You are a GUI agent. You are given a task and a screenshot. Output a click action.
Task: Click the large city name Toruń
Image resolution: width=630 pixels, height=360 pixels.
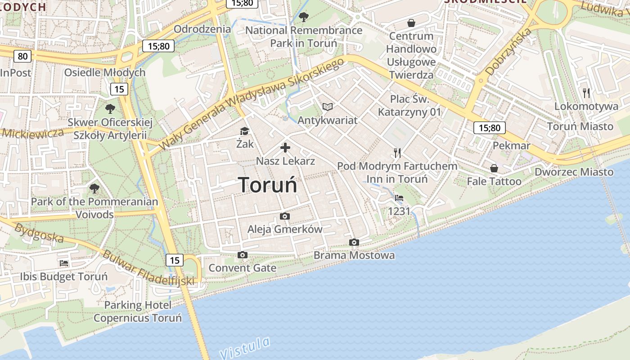tap(267, 185)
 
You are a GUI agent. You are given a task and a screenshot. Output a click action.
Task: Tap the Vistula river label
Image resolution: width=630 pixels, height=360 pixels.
tap(246, 346)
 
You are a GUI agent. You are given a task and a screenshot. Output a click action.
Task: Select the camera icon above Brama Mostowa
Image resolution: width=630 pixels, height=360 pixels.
tap(354, 243)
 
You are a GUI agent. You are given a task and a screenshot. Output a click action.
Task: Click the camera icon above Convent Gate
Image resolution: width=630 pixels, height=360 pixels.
tap(243, 255)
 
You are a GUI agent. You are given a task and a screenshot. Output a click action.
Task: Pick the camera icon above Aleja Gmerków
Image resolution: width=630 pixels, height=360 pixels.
tap(285, 216)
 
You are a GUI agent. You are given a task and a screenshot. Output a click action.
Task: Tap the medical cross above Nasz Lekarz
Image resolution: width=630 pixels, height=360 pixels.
tap(285, 148)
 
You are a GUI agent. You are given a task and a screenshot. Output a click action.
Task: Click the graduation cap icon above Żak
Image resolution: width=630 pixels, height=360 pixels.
tap(244, 131)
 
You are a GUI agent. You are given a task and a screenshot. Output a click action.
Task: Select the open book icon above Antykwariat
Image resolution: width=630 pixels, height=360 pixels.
tap(328, 107)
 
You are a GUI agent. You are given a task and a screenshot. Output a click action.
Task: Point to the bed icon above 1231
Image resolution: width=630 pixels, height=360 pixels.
tap(399, 198)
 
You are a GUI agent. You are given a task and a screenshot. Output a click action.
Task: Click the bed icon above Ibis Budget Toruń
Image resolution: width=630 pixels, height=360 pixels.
tap(64, 263)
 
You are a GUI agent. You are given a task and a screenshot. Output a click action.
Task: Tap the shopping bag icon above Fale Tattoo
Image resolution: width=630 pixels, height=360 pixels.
tap(494, 168)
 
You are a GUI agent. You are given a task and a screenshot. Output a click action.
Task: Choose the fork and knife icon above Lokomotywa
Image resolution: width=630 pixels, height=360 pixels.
tap(586, 93)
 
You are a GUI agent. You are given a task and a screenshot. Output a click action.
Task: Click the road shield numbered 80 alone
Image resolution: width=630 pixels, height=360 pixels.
tap(22, 56)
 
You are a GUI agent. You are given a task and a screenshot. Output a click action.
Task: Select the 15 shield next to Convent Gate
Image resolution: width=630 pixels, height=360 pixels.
tap(175, 260)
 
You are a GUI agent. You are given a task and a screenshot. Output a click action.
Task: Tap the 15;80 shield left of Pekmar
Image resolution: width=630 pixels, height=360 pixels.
tap(490, 128)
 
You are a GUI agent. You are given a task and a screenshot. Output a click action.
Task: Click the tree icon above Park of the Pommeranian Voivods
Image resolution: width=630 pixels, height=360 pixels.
tap(94, 188)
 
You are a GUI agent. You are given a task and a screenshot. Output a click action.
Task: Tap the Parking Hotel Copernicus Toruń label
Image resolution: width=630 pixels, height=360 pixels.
tap(138, 311)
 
